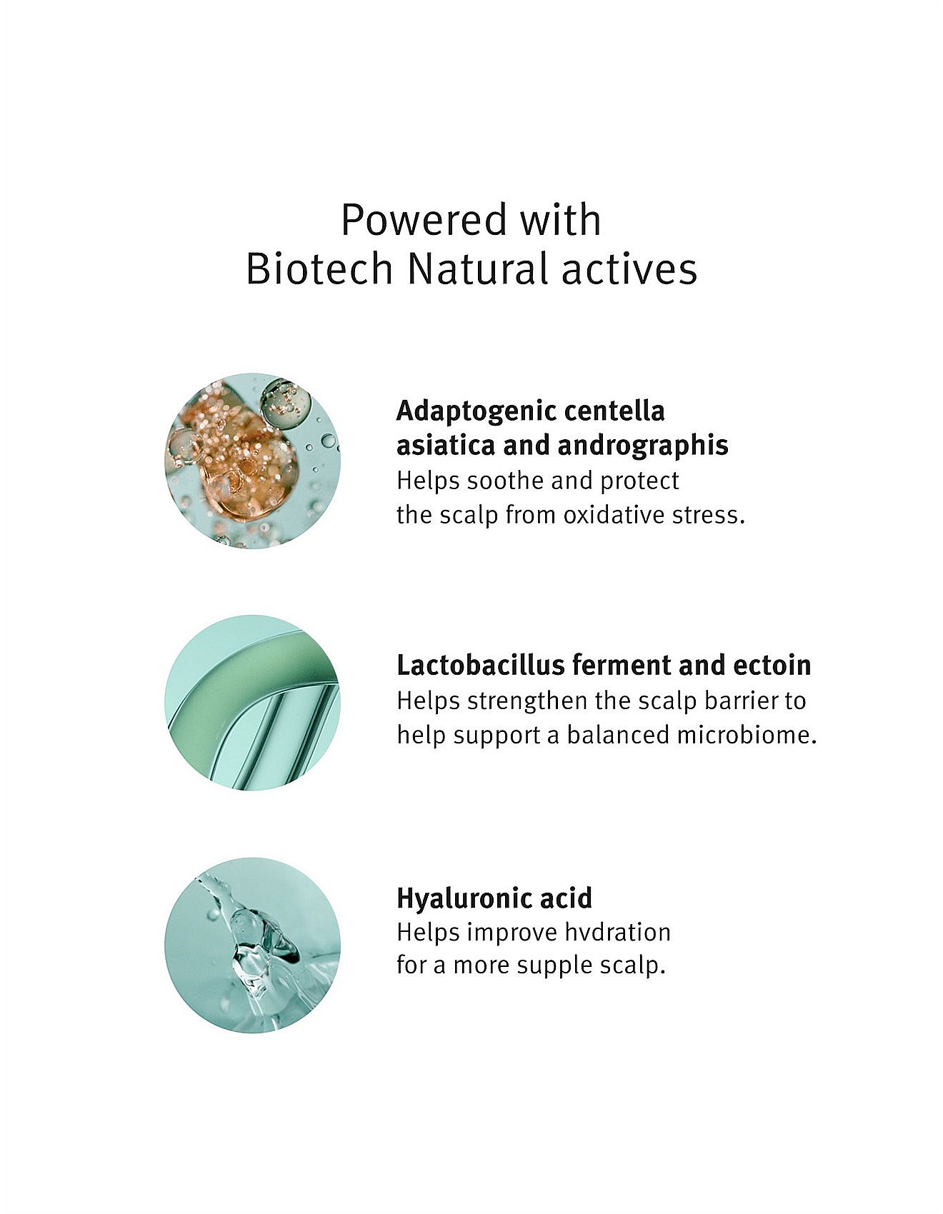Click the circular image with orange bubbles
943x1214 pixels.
point(253,461)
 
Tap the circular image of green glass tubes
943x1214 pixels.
point(253,703)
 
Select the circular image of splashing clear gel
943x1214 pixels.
point(253,945)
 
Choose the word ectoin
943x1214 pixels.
point(772,666)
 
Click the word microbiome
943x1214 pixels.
point(747,735)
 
